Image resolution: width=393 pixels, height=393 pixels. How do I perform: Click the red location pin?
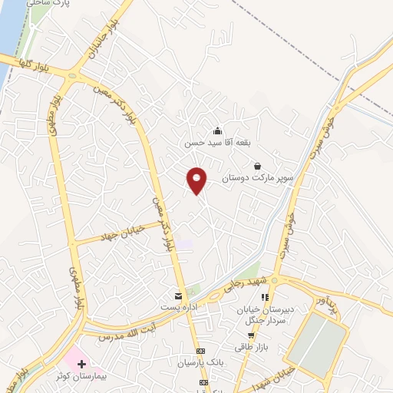(197, 180)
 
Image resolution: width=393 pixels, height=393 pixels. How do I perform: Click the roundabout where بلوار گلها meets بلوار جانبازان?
(75, 75)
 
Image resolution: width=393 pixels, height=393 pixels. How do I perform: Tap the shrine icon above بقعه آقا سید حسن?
(217, 130)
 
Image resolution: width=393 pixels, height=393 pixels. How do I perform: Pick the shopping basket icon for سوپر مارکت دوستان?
(256, 166)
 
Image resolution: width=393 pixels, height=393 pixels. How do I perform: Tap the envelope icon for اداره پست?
(179, 296)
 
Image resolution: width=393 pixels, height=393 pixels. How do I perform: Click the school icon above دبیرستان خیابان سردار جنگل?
(264, 297)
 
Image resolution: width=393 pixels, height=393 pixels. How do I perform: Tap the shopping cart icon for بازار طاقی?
(251, 335)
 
